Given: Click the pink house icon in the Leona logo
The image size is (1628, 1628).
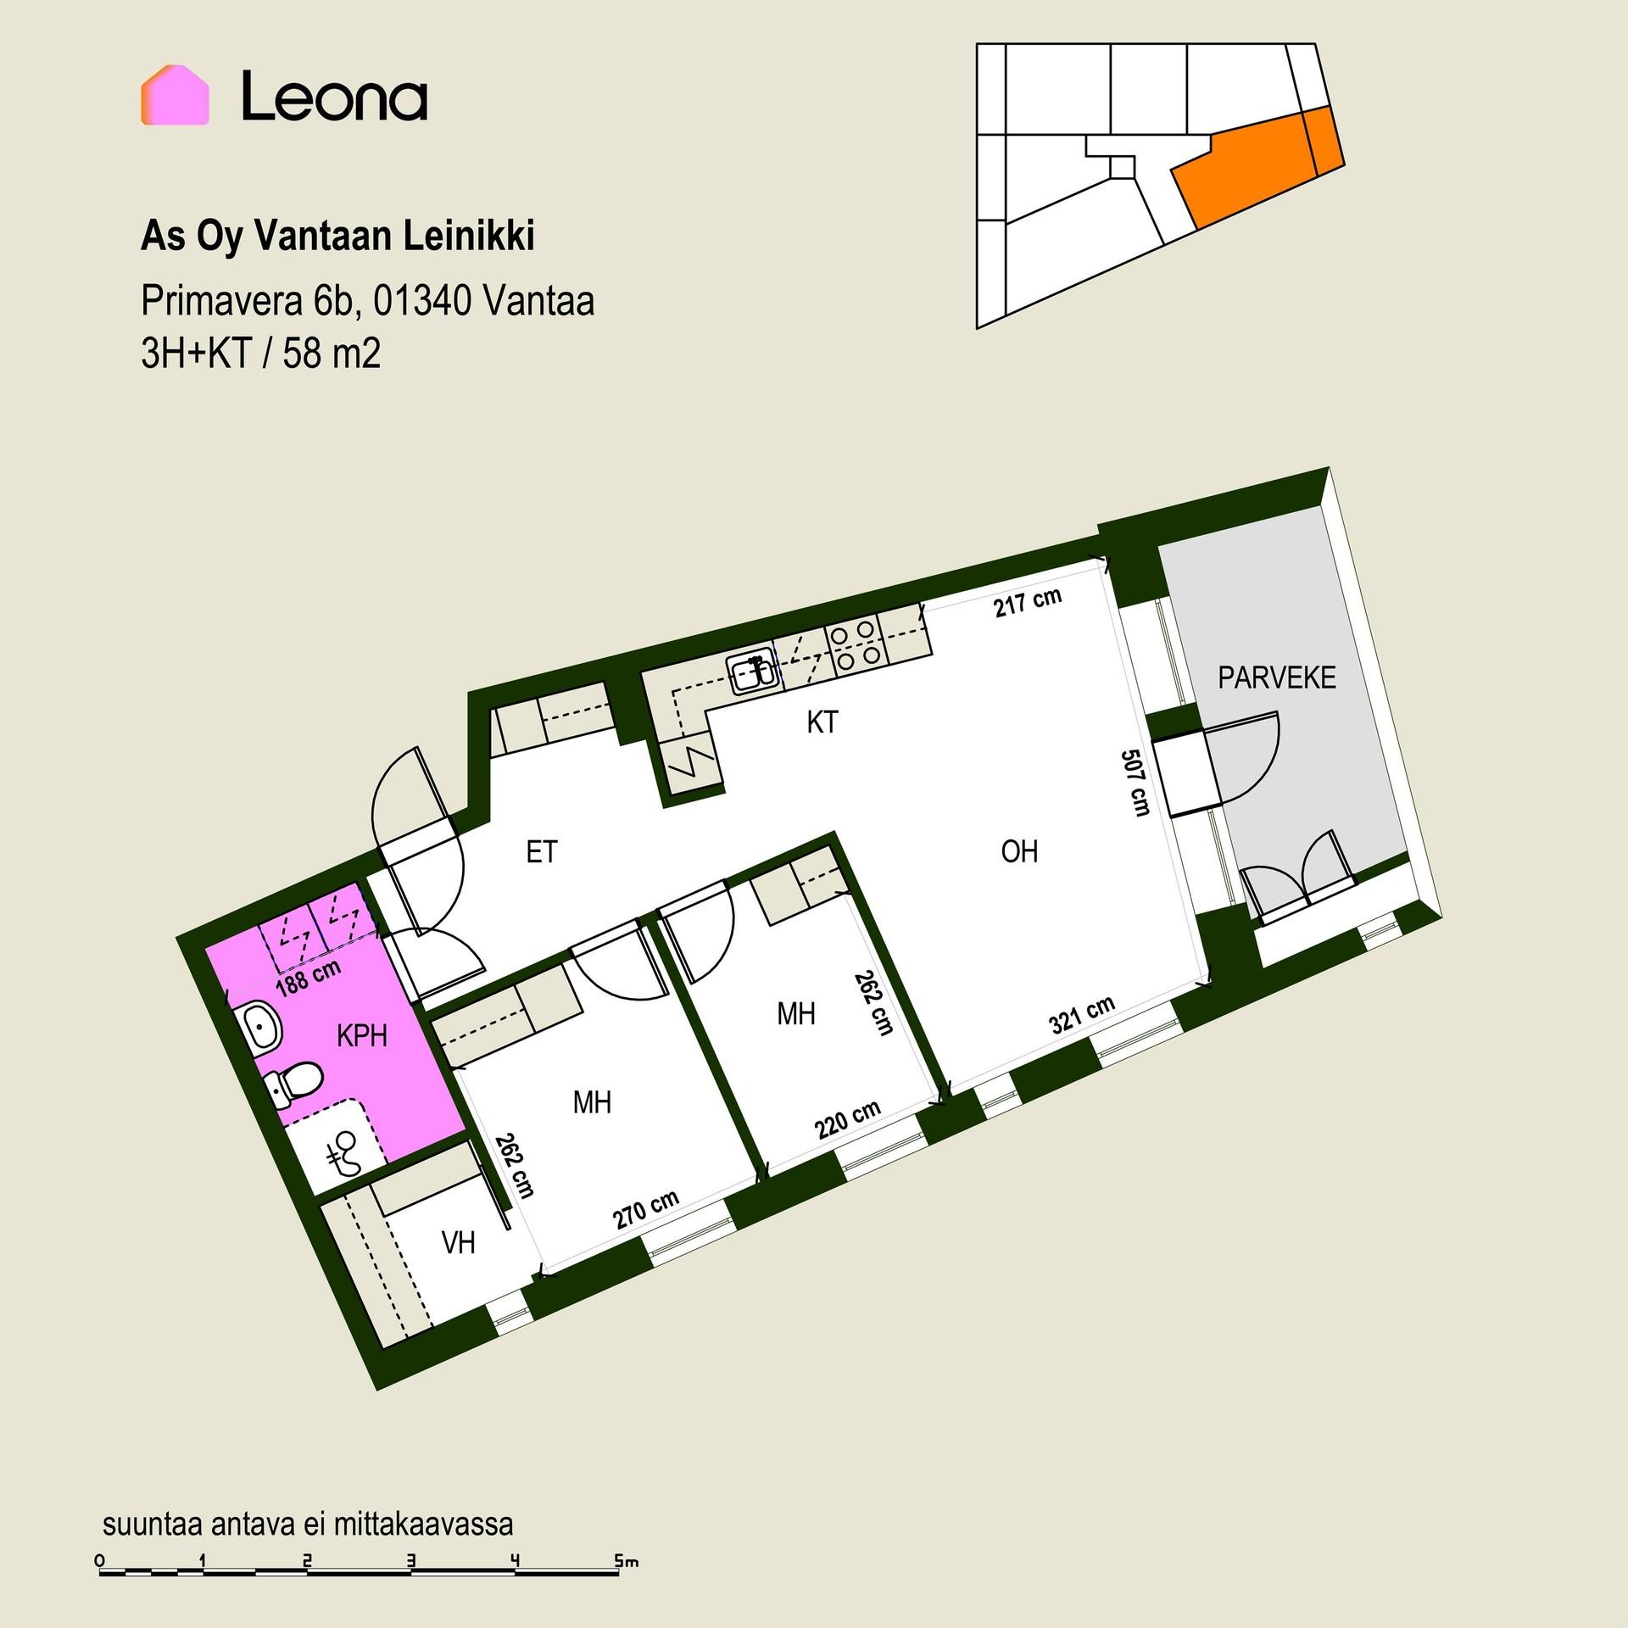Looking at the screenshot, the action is [x=175, y=95].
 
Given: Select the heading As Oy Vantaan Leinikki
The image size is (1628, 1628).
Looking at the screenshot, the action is [x=337, y=237].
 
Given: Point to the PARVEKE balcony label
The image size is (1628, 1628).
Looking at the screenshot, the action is [x=1276, y=677].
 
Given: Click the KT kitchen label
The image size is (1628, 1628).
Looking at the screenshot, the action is [x=822, y=722].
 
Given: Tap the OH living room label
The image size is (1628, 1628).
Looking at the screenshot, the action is [x=1019, y=850].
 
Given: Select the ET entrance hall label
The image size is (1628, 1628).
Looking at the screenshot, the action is [x=541, y=851].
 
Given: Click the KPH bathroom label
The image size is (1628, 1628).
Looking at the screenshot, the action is [x=362, y=1035].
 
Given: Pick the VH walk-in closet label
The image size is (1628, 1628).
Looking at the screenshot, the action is [x=459, y=1242].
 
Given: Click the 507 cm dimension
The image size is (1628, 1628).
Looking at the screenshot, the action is [x=1135, y=783].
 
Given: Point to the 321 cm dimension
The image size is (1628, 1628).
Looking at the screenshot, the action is [x=1082, y=1014].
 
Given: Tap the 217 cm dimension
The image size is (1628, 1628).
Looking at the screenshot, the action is [x=1028, y=602].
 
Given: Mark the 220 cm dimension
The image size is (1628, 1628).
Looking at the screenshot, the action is [x=848, y=1119].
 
